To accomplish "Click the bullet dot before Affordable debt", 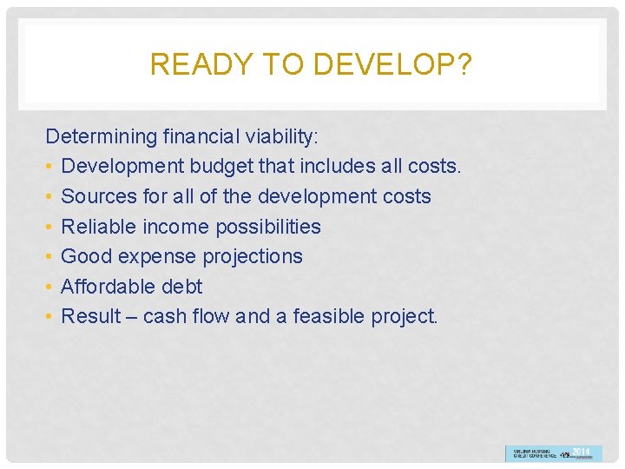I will click(50, 287).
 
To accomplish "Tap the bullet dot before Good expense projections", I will click(50, 257).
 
